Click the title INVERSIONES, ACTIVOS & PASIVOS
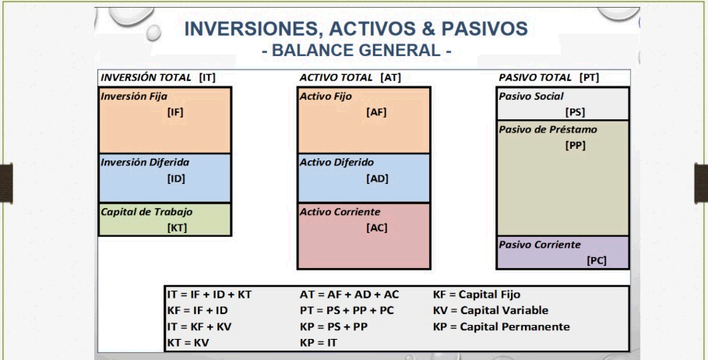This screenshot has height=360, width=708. click(x=356, y=29)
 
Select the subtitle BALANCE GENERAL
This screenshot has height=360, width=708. click(x=356, y=50)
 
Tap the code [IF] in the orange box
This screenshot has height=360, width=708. click(x=175, y=112)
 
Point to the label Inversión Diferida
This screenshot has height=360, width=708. click(x=145, y=162)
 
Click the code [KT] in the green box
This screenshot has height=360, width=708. click(x=177, y=228)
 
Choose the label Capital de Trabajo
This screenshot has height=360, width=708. click(x=146, y=212)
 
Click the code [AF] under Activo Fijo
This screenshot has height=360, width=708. click(x=376, y=112)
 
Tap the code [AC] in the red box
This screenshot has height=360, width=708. click(x=376, y=228)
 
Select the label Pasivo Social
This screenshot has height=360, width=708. click(x=531, y=96)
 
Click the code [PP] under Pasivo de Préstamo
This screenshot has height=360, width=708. click(x=576, y=146)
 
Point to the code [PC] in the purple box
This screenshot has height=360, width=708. click(x=597, y=260)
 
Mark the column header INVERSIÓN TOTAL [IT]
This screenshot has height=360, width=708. click(x=158, y=78)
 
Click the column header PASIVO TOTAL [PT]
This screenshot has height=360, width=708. click(x=549, y=78)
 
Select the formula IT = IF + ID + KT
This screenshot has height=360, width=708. click(x=210, y=295)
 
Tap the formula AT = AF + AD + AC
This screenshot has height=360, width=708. click(x=350, y=295)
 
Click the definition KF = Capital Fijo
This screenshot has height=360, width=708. click(x=477, y=295)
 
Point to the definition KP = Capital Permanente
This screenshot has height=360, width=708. click(x=501, y=327)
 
